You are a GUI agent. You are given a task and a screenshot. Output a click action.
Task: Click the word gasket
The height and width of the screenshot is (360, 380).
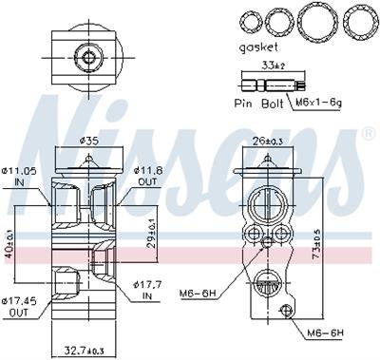pyautogui.click(x=258, y=47)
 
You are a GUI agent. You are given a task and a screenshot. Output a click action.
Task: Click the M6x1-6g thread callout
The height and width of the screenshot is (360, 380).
pyautogui.click(x=318, y=103)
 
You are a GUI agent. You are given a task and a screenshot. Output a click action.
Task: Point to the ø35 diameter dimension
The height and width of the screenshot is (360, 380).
pyautogui.click(x=87, y=141)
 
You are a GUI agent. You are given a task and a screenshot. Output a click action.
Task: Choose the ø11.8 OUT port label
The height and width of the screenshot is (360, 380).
pyautogui.click(x=147, y=176)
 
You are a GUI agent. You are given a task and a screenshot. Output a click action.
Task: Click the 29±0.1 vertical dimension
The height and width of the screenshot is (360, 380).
pyautogui.click(x=152, y=233)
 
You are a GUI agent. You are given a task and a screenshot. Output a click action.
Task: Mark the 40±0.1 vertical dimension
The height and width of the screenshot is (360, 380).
pyautogui.click(x=9, y=243)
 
